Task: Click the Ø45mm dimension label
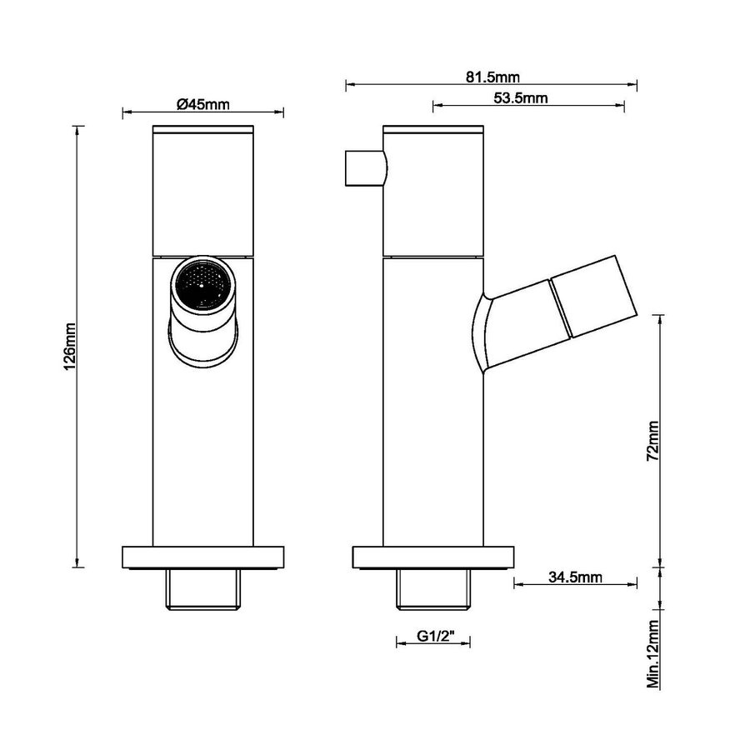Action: [203, 105]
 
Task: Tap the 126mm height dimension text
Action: [70, 346]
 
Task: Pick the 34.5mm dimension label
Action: [576, 576]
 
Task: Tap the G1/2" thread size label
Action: [432, 637]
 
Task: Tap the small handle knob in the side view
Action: [364, 169]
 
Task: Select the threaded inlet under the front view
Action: [203, 589]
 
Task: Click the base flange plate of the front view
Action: [203, 557]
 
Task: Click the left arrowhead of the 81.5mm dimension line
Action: [348, 84]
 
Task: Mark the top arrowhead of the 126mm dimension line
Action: [78, 129]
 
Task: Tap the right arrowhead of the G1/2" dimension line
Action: [467, 641]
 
